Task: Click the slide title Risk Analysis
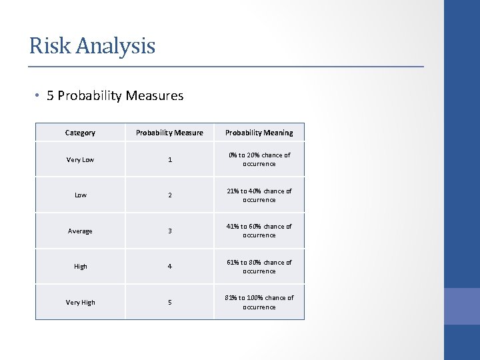92,46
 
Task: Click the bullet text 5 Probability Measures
115,95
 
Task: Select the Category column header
80,133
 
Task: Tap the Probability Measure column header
169,133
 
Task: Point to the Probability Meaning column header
259,133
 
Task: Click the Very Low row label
80,160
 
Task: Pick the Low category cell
80,195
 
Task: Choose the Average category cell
80,231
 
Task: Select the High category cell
80,267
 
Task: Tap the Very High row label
80,303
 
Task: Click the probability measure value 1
169,160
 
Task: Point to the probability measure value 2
169,195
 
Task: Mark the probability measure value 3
169,231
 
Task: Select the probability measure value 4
169,267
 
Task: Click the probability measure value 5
169,303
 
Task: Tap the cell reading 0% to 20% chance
259,159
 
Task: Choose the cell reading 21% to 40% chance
259,195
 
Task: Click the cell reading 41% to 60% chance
259,231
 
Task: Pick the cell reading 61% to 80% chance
259,267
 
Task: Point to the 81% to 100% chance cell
259,302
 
